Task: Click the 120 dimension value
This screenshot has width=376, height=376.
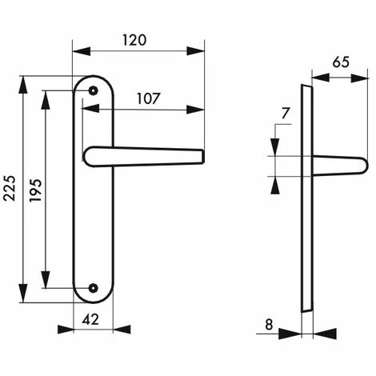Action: pyautogui.click(x=134, y=40)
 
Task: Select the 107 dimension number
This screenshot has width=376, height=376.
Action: pyautogui.click(x=149, y=98)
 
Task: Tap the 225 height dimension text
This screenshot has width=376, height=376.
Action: pyautogui.click(x=10, y=188)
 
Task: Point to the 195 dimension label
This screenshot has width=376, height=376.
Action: pyautogui.click(x=36, y=190)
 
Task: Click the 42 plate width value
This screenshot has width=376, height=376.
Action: pyautogui.click(x=90, y=319)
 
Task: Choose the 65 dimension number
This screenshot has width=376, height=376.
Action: pyautogui.click(x=341, y=62)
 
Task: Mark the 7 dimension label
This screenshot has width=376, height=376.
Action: pyautogui.click(x=286, y=114)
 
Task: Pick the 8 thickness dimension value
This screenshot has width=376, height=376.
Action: pyautogui.click(x=269, y=325)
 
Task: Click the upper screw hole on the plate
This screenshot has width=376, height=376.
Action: pyautogui.click(x=93, y=90)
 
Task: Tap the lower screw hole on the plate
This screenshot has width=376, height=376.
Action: pyautogui.click(x=93, y=288)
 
